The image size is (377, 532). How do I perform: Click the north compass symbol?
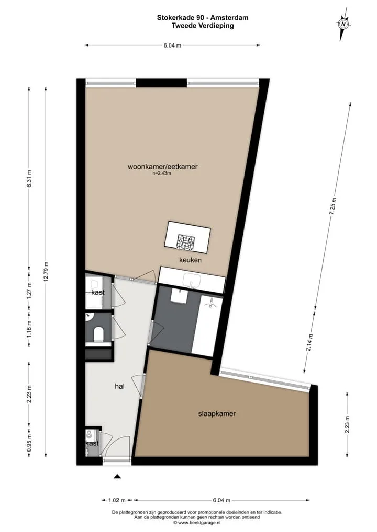(x=343, y=24)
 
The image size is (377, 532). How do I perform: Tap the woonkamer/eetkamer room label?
(x=162, y=167)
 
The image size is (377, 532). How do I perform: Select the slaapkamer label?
(x=217, y=413)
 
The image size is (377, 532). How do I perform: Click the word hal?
(x=120, y=386)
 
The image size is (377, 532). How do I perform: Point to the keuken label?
(x=191, y=260)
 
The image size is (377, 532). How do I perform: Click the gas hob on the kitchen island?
(x=186, y=241)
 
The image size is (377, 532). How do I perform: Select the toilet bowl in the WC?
(x=98, y=334)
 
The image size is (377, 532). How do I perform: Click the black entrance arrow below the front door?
(x=117, y=477)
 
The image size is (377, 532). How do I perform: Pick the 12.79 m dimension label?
(x=46, y=272)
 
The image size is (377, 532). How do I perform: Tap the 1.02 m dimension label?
(x=117, y=500)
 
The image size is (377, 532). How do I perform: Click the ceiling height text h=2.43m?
(x=162, y=174)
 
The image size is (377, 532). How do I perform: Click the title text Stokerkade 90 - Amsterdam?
(x=203, y=18)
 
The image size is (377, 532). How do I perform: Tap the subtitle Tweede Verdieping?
(x=203, y=26)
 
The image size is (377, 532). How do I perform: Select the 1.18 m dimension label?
(x=29, y=328)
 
